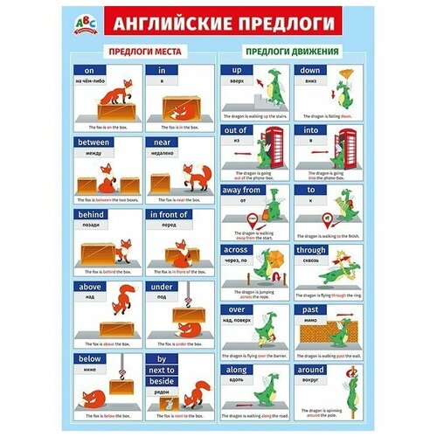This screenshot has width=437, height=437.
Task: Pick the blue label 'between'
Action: pos(96,142)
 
